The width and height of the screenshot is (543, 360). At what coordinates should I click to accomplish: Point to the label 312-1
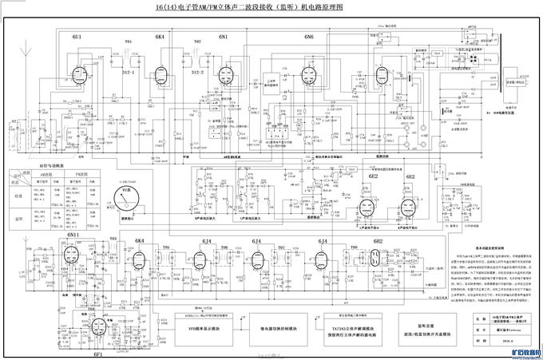tap(129, 72)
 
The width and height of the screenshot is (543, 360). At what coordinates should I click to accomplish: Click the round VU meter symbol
tap(125, 195)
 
